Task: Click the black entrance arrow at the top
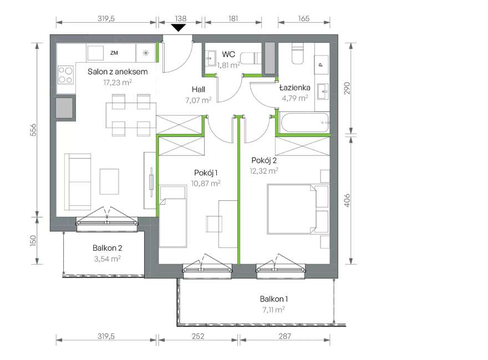click(179, 28)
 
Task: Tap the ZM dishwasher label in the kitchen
click(114, 53)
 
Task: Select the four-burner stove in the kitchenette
click(65, 75)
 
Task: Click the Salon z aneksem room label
click(118, 72)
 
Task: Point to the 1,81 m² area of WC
click(228, 65)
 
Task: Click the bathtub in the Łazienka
click(305, 123)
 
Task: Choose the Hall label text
click(199, 90)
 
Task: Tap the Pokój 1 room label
click(206, 173)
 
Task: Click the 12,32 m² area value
click(264, 171)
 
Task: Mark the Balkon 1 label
click(274, 300)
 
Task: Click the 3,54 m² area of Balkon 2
click(108, 259)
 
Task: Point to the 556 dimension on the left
click(33, 130)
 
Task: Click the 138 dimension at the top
click(181, 19)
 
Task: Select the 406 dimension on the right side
click(347, 200)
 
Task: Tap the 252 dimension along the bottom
click(198, 336)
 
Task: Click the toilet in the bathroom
click(297, 53)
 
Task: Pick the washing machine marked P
click(321, 65)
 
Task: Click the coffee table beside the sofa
click(109, 181)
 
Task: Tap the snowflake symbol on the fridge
click(145, 53)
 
